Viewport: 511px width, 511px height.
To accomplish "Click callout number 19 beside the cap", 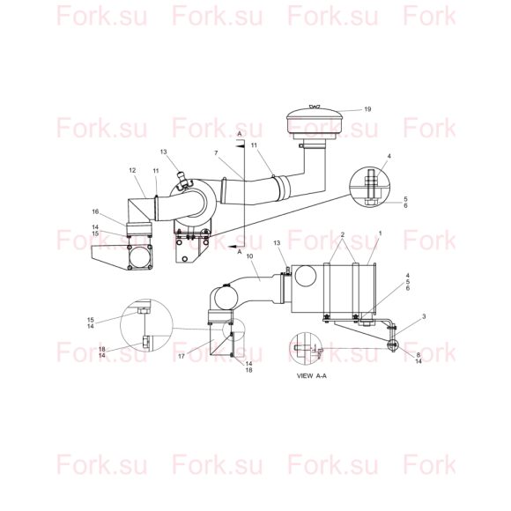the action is [367, 109].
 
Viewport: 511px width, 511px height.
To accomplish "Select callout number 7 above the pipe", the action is [216, 152].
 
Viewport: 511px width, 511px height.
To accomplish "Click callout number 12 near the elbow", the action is [132, 170].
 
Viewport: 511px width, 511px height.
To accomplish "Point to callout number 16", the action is [95, 211].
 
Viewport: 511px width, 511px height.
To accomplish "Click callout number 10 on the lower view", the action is [249, 256].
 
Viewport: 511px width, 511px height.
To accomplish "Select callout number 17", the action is [181, 356].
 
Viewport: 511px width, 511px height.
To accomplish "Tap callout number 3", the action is [424, 316].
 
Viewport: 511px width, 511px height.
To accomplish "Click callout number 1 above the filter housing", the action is [380, 233].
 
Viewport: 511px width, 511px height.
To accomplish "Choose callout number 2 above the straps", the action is [342, 234].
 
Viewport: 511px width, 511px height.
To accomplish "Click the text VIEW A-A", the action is [312, 375].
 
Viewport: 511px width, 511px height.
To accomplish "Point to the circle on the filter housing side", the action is [306, 276].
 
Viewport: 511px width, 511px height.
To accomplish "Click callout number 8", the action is [418, 355].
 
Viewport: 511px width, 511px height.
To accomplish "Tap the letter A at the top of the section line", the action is [240, 134].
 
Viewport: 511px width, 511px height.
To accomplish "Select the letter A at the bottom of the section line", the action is [240, 252].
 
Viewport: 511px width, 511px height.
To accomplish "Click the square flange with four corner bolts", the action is [140, 257].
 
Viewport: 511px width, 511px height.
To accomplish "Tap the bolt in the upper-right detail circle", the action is [372, 188].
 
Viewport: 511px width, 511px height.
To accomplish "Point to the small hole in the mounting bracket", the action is [185, 259].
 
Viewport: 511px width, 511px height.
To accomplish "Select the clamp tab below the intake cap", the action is [301, 145].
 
